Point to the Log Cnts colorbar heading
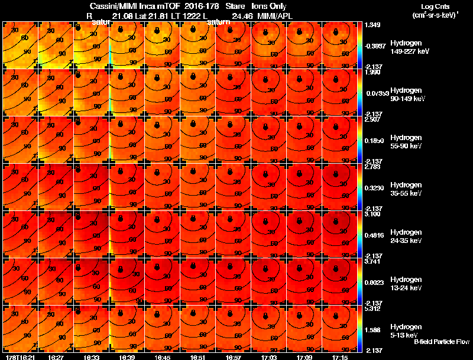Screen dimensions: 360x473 435,6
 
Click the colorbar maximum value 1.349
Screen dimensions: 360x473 372,25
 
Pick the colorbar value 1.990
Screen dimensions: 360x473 372,72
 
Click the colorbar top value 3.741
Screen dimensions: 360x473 372,261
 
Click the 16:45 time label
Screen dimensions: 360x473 163,357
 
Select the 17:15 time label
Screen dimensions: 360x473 341,357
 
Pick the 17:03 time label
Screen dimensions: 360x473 270,357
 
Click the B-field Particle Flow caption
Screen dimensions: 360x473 441,342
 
